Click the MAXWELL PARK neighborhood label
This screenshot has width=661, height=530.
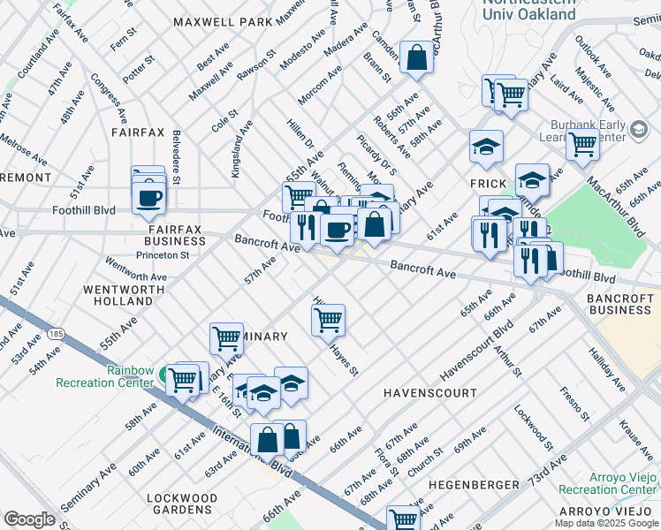pyautogui.click(x=223, y=20)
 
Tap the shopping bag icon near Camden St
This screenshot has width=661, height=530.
pyautogui.click(x=416, y=58)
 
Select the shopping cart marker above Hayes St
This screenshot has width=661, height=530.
pyautogui.click(x=328, y=319)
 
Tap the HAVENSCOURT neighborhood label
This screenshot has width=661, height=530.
pyautogui.click(x=429, y=392)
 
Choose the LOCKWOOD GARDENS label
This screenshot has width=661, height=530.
pyautogui.click(x=182, y=504)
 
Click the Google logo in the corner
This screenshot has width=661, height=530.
pyautogui.click(x=29, y=519)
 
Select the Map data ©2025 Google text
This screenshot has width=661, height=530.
pyautogui.click(x=606, y=523)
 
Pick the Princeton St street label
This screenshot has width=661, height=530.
pyautogui.click(x=163, y=255)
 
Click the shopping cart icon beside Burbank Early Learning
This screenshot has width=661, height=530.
pyautogui.click(x=582, y=144)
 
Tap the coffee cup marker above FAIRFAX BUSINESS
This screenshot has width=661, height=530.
pyautogui.click(x=148, y=197)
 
